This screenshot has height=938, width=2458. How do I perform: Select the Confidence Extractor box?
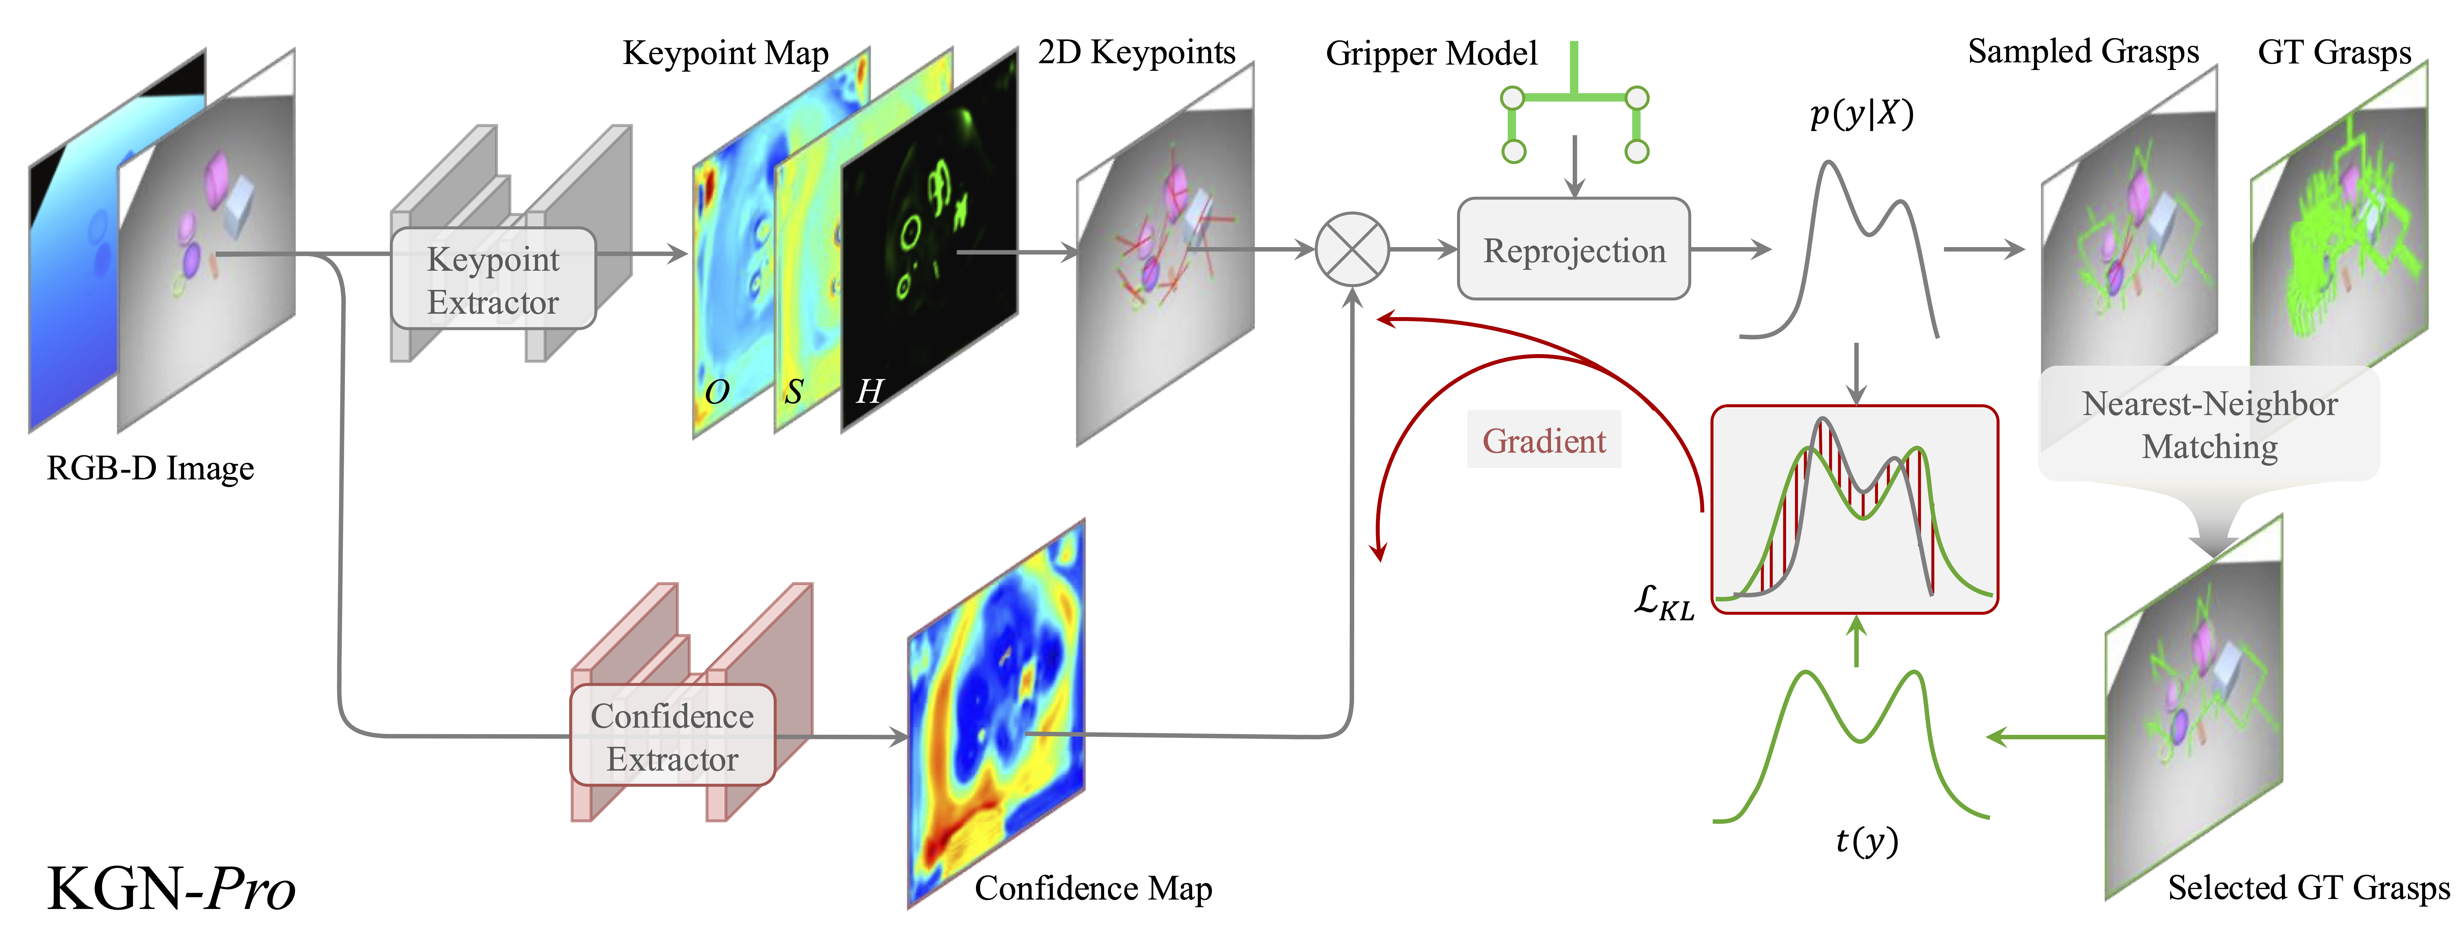[x=672, y=737]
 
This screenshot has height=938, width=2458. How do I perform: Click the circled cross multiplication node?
[x=1352, y=249]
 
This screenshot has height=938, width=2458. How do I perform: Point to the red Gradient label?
[x=1544, y=441]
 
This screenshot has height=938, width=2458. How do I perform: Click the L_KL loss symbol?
[x=1663, y=603]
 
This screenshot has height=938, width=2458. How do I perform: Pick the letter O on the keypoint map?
[x=717, y=391]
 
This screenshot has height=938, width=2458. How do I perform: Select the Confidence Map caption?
[x=1093, y=888]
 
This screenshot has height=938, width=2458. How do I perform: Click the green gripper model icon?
[x=1574, y=105]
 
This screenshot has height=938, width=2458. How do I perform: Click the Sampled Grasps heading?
[x=2083, y=52]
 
